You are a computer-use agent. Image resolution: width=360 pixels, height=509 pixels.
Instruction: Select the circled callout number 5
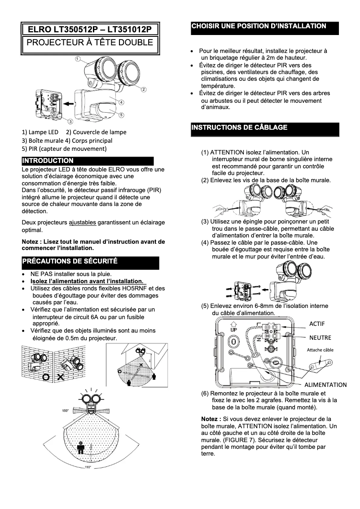point(122,115)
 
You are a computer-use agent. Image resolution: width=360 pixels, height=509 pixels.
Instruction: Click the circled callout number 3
point(70,122)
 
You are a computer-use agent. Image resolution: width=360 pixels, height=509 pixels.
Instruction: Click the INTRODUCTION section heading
point(48,161)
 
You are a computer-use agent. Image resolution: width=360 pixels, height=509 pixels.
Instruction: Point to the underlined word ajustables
point(82,223)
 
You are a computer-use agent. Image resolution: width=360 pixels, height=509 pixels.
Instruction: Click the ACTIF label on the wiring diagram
point(317,324)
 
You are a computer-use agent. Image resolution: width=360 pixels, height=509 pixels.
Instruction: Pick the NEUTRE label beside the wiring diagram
point(320,338)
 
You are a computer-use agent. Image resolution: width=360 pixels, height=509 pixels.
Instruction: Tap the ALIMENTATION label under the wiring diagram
point(325,385)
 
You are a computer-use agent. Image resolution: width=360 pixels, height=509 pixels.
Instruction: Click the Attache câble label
point(320,350)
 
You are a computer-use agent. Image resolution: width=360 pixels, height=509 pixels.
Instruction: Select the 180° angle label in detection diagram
point(65,411)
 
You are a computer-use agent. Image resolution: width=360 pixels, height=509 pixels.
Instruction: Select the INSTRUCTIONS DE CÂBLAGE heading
point(239,127)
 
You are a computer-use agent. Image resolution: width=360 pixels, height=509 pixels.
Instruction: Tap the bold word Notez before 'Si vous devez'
point(211,418)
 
